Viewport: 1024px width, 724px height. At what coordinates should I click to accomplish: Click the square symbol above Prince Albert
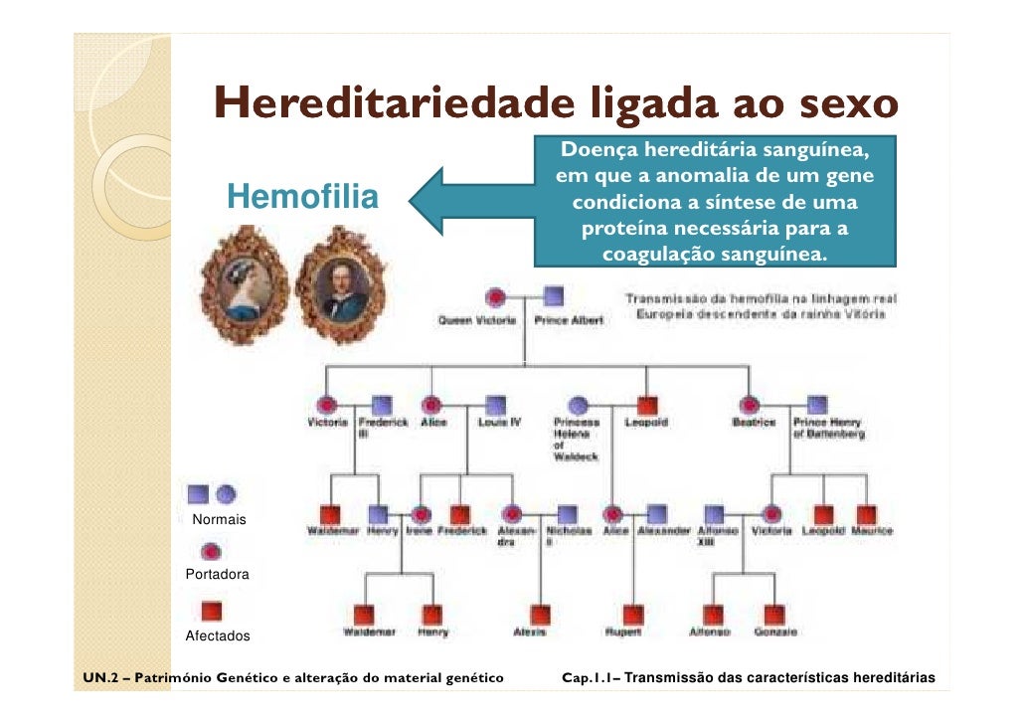[555, 296]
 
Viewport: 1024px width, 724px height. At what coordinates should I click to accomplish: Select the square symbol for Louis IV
[494, 405]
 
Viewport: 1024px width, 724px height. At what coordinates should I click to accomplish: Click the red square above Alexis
[540, 614]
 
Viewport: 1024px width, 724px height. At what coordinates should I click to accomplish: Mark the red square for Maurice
[867, 514]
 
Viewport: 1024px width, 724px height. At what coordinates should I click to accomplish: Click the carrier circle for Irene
[422, 514]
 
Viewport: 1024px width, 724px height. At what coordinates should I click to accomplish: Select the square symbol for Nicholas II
[567, 514]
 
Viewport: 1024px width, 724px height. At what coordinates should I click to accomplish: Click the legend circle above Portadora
[212, 551]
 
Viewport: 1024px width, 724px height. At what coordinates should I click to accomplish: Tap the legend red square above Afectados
[212, 611]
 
